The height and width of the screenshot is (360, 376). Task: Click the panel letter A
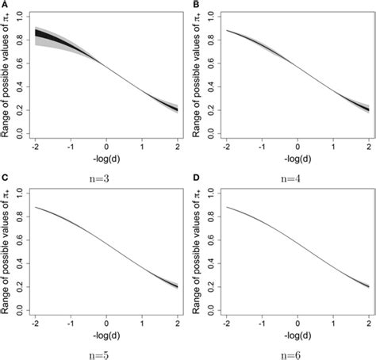pyautogui.click(x=5, y=5)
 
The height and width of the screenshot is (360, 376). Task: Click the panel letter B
pyautogui.click(x=196, y=5)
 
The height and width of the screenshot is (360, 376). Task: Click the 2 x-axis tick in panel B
pyautogui.click(x=369, y=147)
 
